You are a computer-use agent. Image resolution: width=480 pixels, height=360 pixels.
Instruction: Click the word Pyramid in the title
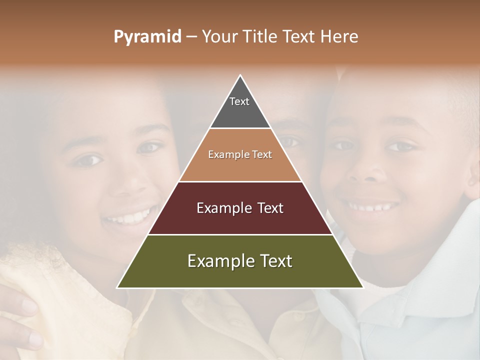(147, 37)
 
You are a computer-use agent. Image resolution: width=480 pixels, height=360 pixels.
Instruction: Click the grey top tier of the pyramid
(240, 112)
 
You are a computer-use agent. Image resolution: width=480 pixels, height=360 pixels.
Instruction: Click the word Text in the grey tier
(239, 101)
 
